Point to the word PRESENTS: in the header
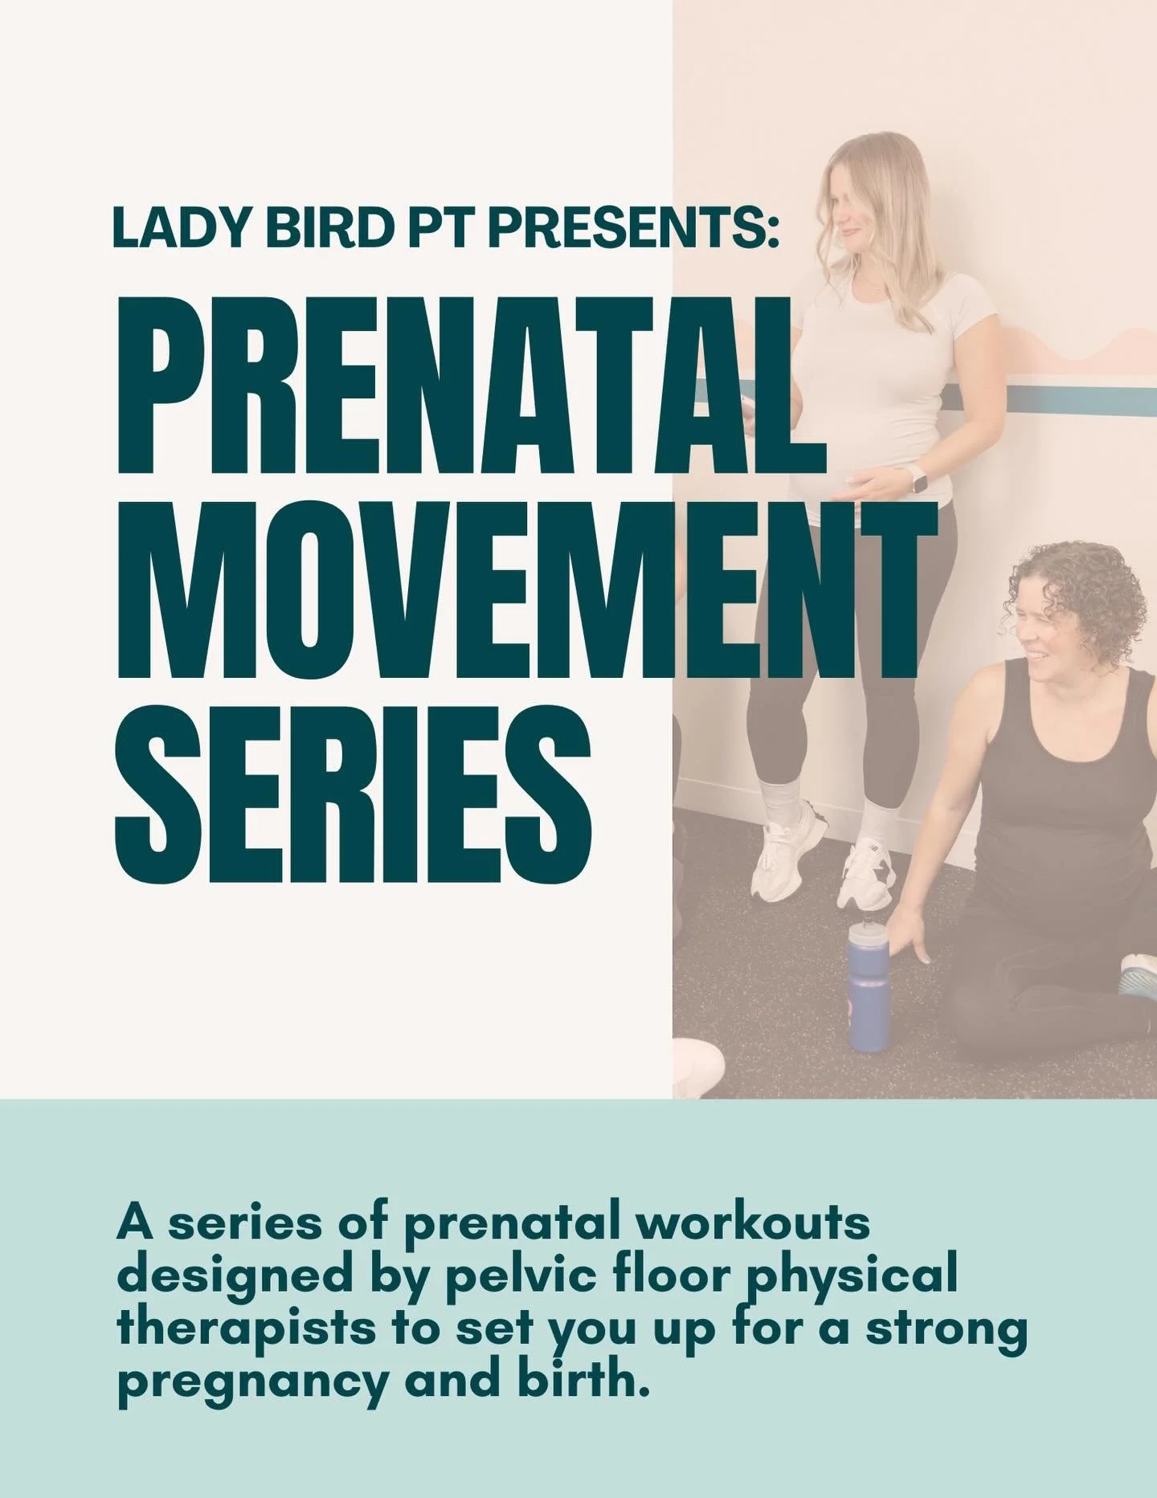click(635, 228)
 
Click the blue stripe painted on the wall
click(1053, 394)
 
